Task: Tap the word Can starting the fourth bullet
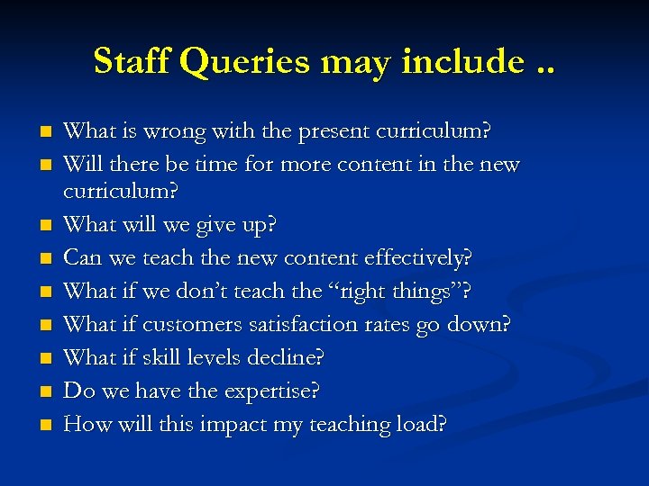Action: [84, 257]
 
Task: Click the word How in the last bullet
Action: [87, 425]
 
